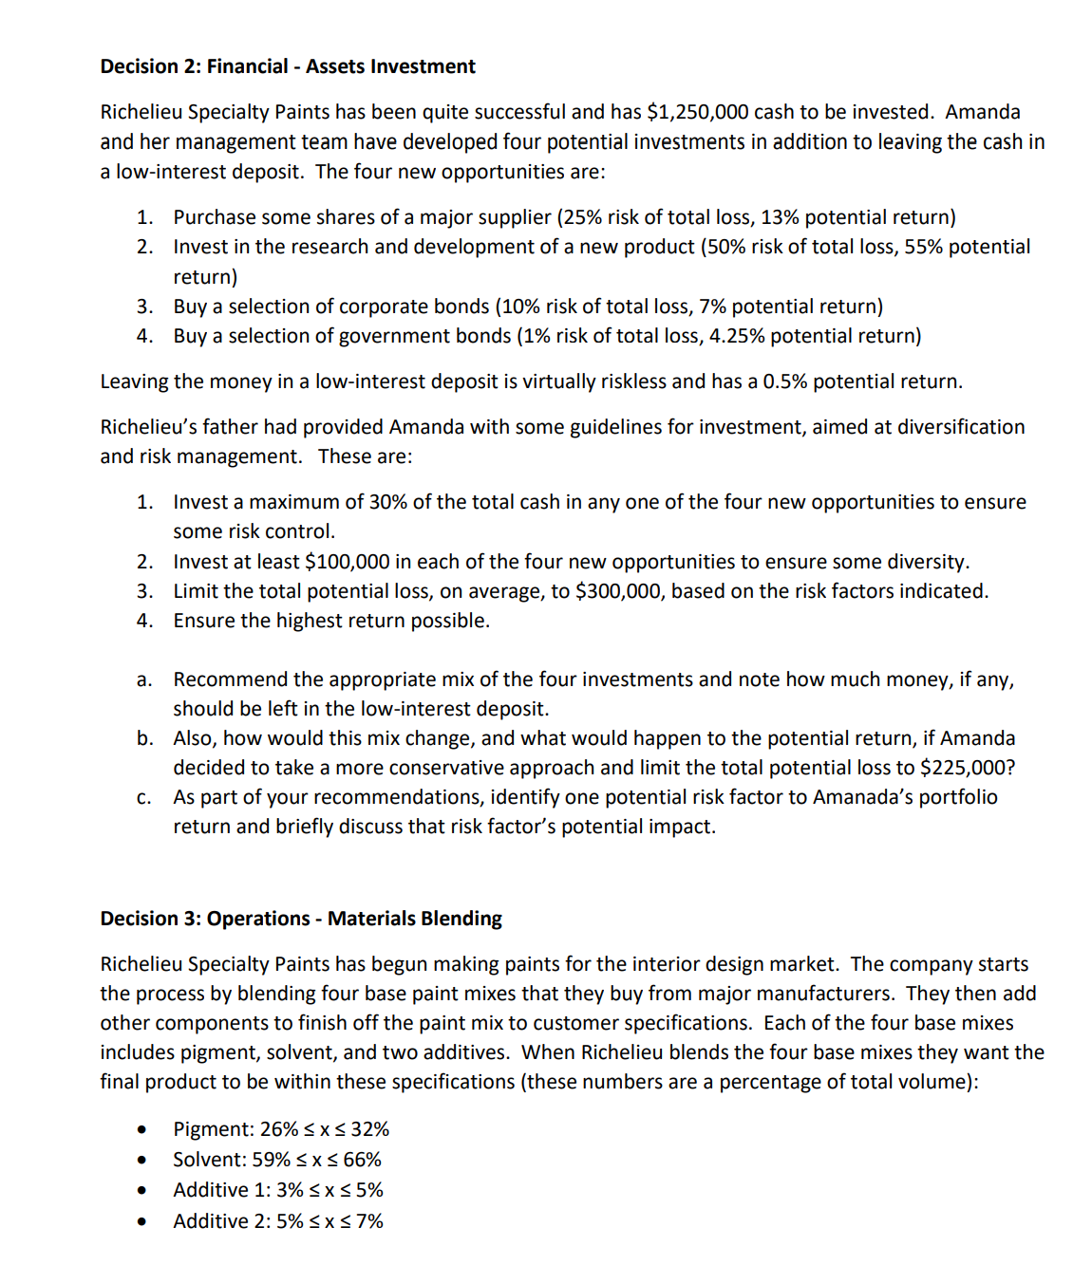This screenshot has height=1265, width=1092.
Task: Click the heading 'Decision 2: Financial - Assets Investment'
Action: coord(288,66)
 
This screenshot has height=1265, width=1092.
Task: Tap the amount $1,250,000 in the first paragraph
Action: coord(697,112)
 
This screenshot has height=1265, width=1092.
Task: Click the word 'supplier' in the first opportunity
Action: coord(515,217)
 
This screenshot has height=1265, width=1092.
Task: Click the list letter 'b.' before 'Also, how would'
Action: coord(144,738)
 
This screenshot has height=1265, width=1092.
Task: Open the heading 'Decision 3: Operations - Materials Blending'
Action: coord(301,919)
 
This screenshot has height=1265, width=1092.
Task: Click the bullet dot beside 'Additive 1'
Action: coord(141,1191)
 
